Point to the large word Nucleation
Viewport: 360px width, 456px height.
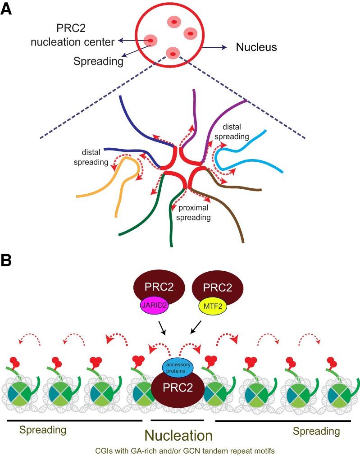[x=178, y=436]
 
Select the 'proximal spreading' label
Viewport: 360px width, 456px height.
[x=195, y=213]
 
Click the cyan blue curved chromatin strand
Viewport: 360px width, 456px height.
[x=252, y=153]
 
